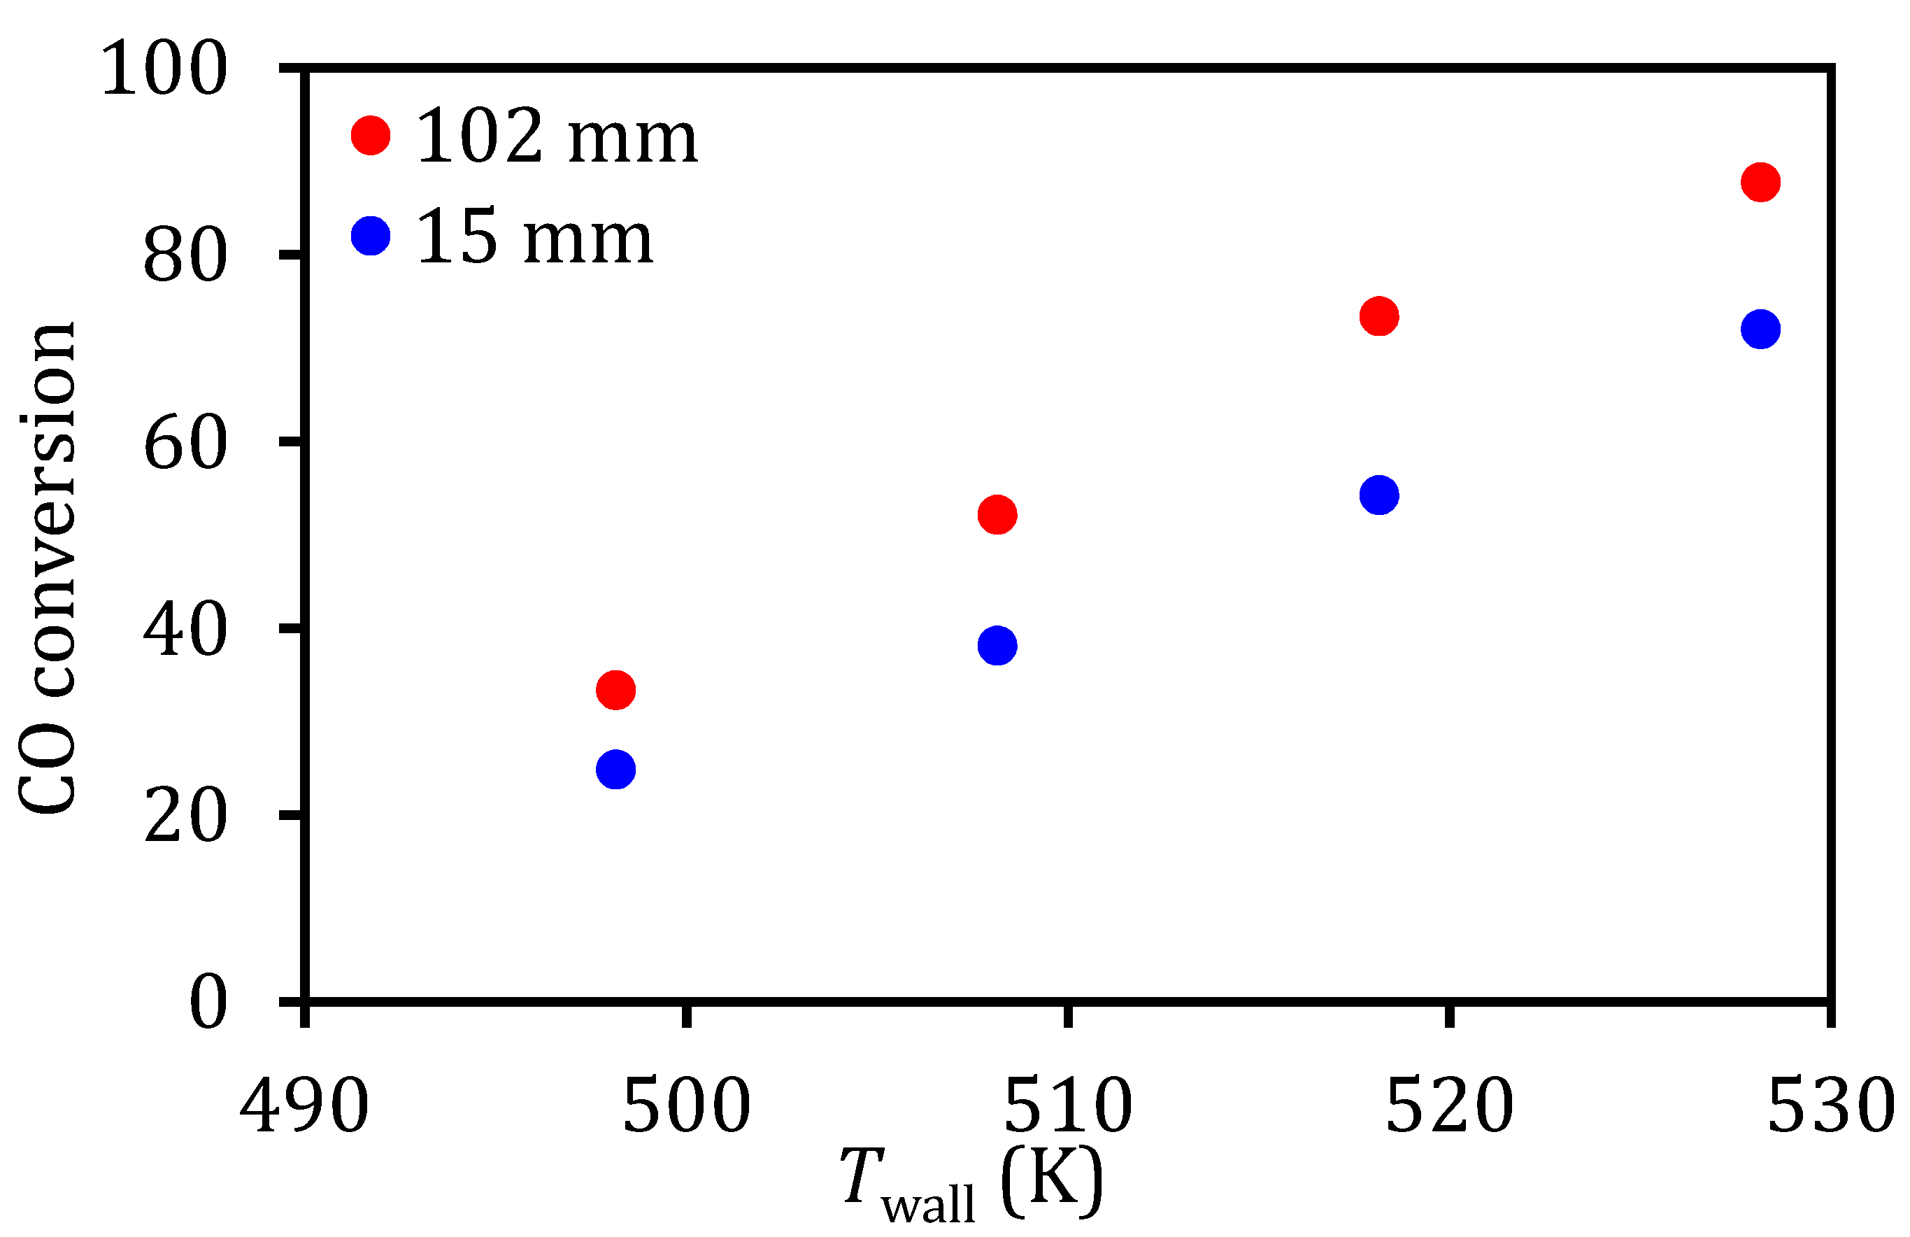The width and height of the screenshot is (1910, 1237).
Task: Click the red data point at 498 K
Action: click(615, 690)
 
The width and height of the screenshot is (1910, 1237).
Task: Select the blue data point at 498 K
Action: click(615, 770)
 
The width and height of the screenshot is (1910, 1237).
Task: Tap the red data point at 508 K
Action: click(997, 514)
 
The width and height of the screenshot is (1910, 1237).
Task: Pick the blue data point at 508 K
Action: click(997, 645)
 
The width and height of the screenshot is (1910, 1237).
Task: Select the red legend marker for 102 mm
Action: click(371, 135)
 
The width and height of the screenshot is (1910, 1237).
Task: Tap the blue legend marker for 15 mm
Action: click(371, 235)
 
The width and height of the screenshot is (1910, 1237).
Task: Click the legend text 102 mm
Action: click(557, 138)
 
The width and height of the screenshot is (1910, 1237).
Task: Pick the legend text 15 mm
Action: click(534, 239)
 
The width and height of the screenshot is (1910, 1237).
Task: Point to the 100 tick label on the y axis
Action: click(164, 71)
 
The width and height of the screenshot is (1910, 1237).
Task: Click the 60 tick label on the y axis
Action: click(185, 445)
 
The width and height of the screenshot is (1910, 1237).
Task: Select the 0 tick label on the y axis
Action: click(208, 1004)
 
